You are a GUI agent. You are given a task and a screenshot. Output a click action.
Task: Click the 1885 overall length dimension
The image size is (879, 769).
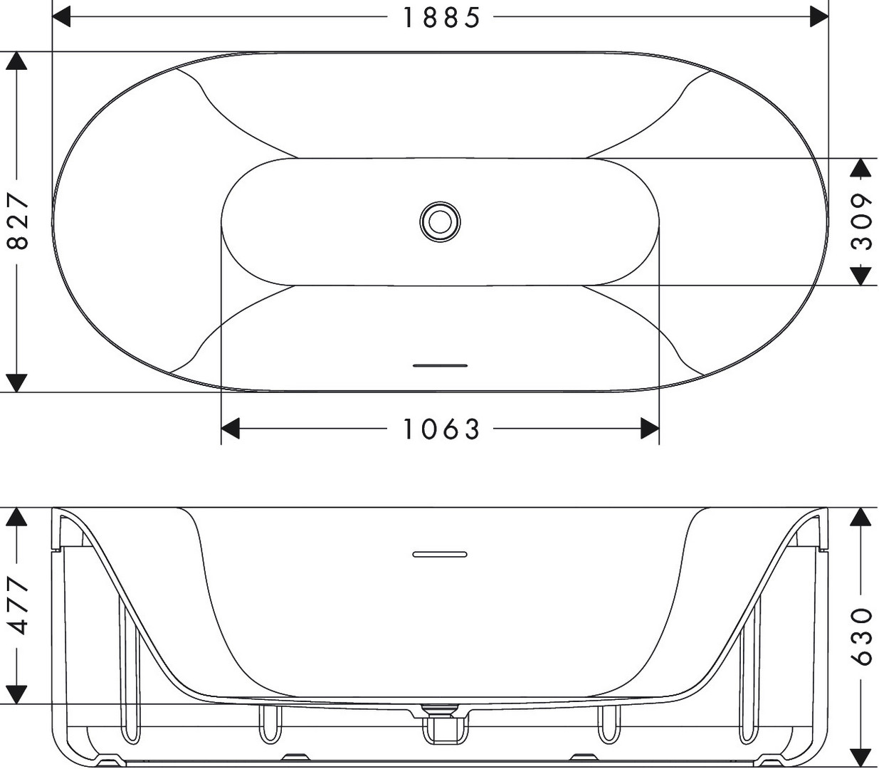coord(441,18)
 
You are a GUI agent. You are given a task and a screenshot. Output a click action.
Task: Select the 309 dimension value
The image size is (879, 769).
coord(861,222)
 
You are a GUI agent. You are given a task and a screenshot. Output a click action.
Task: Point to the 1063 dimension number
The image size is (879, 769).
coord(441,429)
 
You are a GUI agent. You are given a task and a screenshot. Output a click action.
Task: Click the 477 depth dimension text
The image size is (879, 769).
coord(18,607)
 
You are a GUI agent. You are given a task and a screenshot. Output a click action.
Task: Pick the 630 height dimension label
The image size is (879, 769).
coord(861,636)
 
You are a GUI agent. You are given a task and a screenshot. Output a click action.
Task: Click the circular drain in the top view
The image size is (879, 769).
coord(440,222)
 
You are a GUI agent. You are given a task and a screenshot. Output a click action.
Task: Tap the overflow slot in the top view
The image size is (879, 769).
coord(440,365)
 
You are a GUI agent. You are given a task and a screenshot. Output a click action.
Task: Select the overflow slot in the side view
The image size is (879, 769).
coord(440,554)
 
